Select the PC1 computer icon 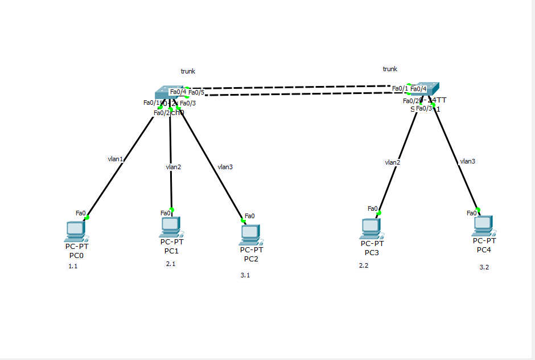coord(170,226)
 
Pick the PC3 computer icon coord(371,228)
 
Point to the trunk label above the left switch coord(188,71)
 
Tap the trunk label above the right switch coord(390,69)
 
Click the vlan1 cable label coord(116,159)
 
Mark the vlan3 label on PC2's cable coord(225,167)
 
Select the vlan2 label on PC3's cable coord(392,162)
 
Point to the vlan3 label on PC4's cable coord(467,161)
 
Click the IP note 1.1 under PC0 coord(73,266)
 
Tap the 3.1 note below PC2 coord(245,275)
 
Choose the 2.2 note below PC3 coord(364,265)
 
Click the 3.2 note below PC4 coord(484,267)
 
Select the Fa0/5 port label coord(196,92)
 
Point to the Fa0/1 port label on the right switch coord(400,88)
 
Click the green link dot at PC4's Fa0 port coord(479,209)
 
